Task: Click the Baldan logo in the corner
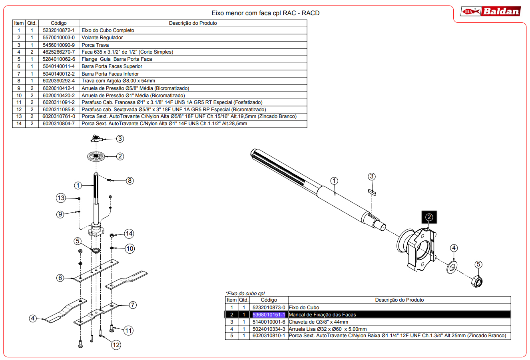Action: click(x=491, y=11)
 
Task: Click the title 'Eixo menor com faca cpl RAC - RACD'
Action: click(x=265, y=13)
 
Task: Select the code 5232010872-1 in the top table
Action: click(x=58, y=30)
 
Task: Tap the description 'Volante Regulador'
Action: click(x=102, y=38)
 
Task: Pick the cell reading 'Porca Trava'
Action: click(x=95, y=45)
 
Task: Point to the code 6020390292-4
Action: click(x=58, y=81)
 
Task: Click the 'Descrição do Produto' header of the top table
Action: click(x=193, y=23)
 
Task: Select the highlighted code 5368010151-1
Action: click(x=269, y=315)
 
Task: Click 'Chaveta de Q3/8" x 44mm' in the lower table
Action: click(x=318, y=322)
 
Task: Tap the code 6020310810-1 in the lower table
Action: click(x=269, y=336)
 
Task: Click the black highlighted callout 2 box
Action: click(x=429, y=217)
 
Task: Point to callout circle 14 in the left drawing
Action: click(x=129, y=234)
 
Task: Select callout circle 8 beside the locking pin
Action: click(x=130, y=181)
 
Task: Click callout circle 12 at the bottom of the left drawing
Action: click(x=116, y=345)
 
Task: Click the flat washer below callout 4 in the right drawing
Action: click(x=452, y=267)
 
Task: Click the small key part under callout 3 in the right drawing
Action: click(x=372, y=192)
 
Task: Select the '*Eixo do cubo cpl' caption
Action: click(x=245, y=294)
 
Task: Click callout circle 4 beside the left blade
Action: click(x=33, y=318)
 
